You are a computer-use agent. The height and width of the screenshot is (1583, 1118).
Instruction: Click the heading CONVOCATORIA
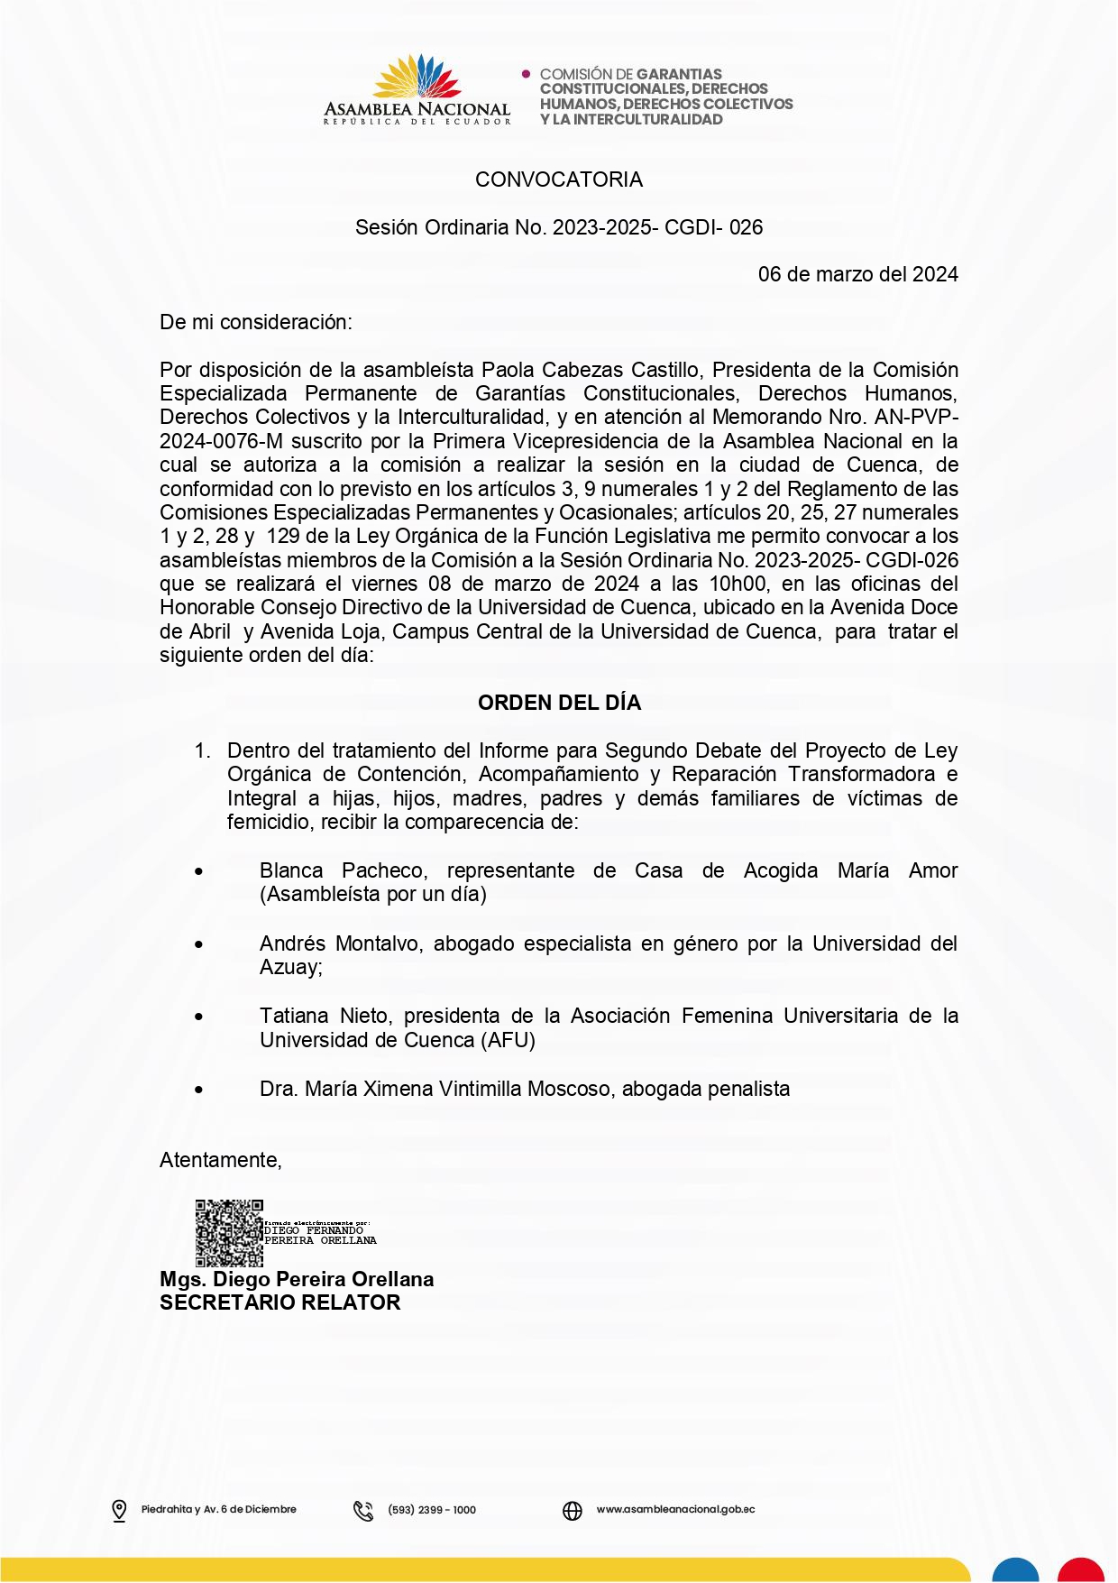[x=559, y=179]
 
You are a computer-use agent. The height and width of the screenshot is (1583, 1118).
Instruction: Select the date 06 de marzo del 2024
[x=857, y=274]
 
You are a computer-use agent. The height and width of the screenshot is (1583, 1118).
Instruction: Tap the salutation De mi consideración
[x=256, y=322]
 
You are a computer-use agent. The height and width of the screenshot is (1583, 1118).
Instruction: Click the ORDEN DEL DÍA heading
[x=559, y=703]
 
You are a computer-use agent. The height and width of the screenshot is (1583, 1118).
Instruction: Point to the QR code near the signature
[x=229, y=1232]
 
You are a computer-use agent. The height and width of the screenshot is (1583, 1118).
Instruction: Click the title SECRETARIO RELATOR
[x=279, y=1302]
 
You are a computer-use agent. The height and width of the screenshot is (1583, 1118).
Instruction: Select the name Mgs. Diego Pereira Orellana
[x=297, y=1279]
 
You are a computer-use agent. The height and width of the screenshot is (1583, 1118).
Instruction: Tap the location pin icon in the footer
[x=119, y=1510]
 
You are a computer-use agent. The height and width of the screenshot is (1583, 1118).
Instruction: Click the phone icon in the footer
[x=363, y=1510]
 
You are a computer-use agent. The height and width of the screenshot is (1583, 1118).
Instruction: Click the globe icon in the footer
[x=573, y=1510]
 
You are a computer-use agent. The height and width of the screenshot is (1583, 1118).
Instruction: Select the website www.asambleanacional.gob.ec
[x=675, y=1509]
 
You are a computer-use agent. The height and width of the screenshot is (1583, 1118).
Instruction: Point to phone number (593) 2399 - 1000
[x=432, y=1510]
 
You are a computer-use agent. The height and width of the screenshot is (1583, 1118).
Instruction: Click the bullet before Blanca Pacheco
[x=198, y=871]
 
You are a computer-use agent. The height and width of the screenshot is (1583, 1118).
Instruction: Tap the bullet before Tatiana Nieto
[x=198, y=1017]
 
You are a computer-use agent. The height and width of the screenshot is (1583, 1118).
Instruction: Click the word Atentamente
[x=220, y=1160]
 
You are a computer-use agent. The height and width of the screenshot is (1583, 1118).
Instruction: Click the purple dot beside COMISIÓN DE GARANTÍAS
[x=527, y=74]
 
